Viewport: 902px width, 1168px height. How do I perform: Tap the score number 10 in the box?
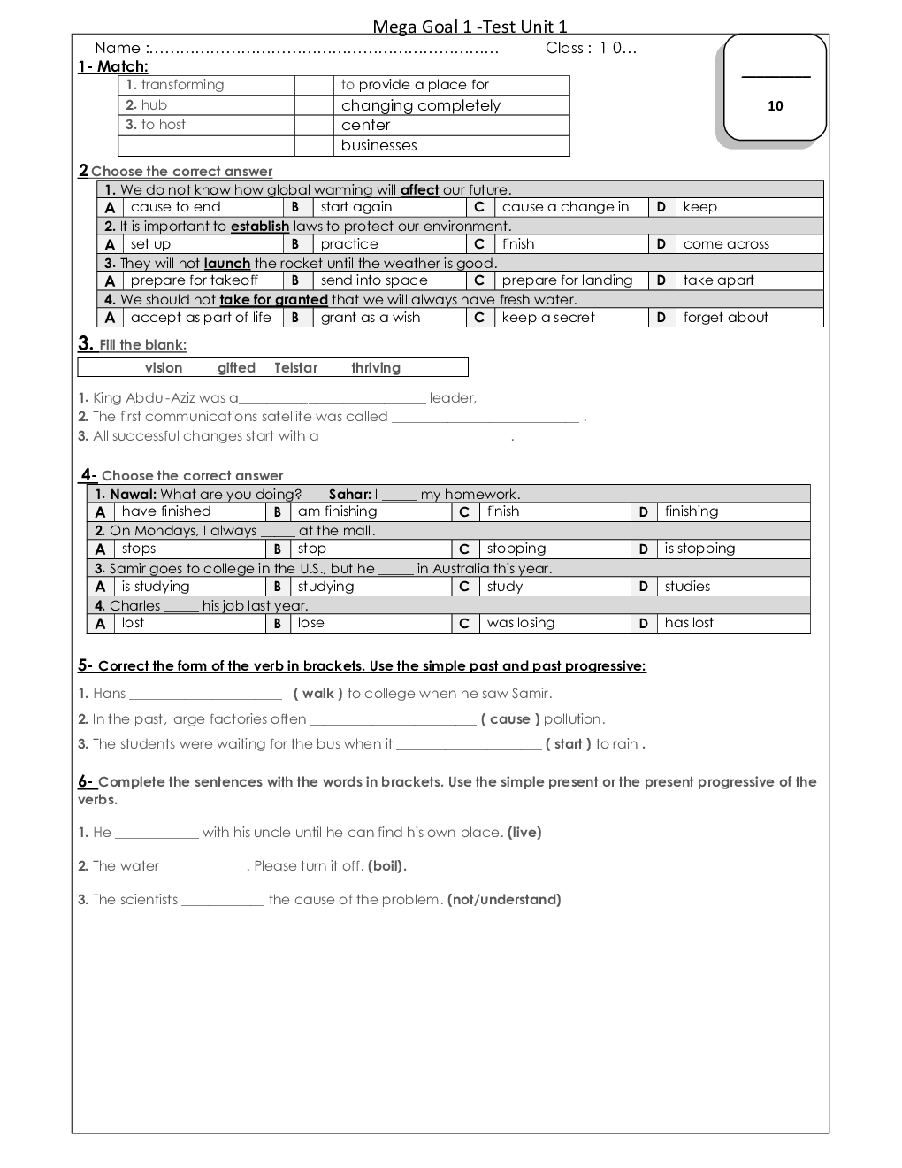[x=776, y=106]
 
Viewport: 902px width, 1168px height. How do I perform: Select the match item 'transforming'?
[x=182, y=85]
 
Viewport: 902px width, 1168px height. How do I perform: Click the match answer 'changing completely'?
[x=421, y=105]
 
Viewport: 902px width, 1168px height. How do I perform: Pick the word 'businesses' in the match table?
[x=378, y=145]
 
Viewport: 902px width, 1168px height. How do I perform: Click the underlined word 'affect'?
[x=419, y=189]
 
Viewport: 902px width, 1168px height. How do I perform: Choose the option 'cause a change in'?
[x=565, y=207]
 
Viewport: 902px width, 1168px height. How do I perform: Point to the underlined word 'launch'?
[x=226, y=263]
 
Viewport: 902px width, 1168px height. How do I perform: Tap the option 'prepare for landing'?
[x=567, y=280]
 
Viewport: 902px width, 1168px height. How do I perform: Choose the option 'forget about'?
[x=725, y=318]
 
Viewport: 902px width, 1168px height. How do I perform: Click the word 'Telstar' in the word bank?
[x=295, y=368]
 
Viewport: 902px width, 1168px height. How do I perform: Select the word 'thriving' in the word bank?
[x=376, y=368]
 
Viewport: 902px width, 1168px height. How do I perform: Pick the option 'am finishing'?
[x=337, y=511]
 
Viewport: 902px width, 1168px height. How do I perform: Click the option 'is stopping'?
[x=699, y=549]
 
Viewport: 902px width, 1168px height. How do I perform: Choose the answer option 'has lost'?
[x=689, y=623]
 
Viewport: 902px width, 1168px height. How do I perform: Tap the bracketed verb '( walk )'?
[x=318, y=694]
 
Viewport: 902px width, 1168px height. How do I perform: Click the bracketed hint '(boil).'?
[x=387, y=866]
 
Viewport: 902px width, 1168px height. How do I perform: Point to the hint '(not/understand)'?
[x=504, y=900]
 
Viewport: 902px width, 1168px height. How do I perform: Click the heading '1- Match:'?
[x=113, y=66]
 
